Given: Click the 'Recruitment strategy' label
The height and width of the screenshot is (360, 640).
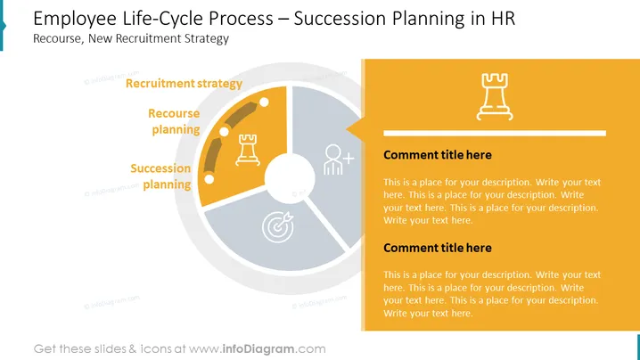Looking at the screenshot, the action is click(x=184, y=84).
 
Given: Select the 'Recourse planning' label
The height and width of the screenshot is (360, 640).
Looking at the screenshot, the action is click(x=174, y=121).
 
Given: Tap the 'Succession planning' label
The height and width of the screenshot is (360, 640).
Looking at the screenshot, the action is click(x=160, y=176).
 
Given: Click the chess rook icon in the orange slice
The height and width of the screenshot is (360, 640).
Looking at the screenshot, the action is click(x=247, y=150).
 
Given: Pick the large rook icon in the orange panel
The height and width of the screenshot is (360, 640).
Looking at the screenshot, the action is click(x=495, y=97).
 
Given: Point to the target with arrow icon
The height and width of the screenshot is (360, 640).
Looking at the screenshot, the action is click(x=278, y=227).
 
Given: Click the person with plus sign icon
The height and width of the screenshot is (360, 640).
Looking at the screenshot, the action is click(x=338, y=160).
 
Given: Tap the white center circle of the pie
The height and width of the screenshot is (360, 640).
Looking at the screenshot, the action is click(x=290, y=178).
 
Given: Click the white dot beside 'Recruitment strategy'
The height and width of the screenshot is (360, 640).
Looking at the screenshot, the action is click(x=264, y=102).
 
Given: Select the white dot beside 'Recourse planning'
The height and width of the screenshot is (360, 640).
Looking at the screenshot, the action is click(x=224, y=132).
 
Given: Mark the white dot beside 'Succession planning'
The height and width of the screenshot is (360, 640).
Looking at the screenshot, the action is click(x=209, y=179).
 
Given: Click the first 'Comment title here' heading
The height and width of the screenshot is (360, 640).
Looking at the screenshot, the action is click(x=438, y=155).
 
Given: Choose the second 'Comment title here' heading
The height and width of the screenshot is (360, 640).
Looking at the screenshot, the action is click(x=438, y=248).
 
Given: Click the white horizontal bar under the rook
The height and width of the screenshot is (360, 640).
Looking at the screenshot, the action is click(x=495, y=133).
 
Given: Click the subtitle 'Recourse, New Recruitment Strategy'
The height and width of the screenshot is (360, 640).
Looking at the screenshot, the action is click(x=131, y=39).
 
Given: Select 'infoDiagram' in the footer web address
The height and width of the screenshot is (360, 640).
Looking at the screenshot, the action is click(x=258, y=349).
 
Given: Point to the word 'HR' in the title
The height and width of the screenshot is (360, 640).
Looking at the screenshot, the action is click(x=503, y=19).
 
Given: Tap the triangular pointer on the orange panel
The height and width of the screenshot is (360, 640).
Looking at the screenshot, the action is click(x=355, y=129).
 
